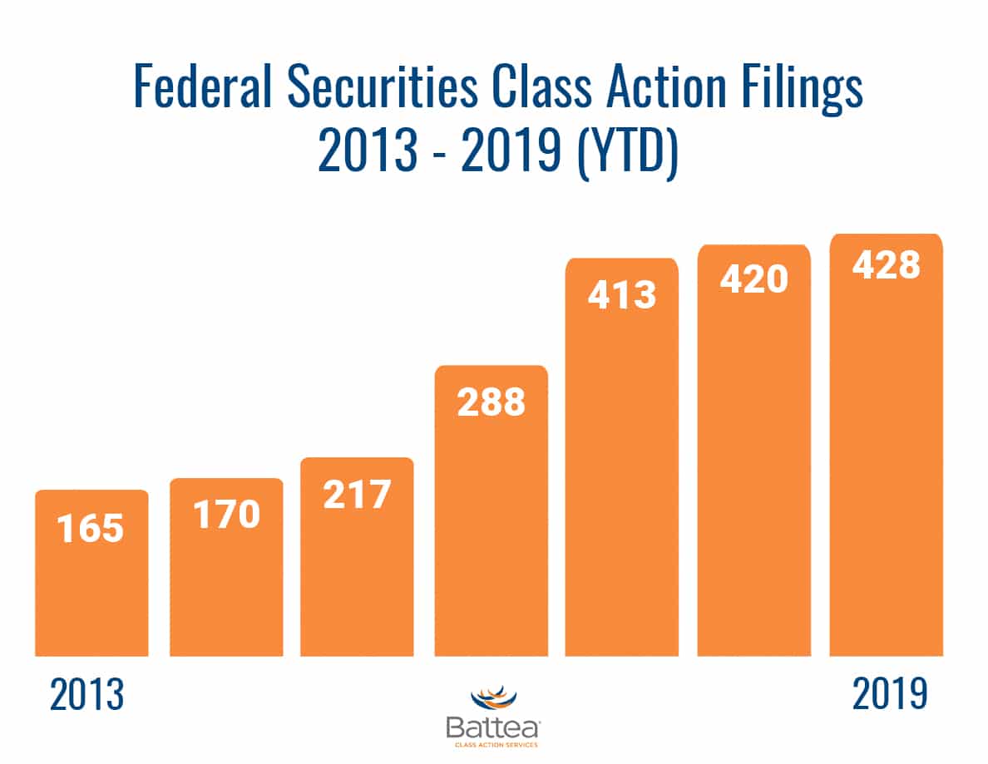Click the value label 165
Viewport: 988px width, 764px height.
[x=91, y=529]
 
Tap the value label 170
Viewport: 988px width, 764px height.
[x=226, y=515]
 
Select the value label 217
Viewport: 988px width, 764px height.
[x=357, y=495]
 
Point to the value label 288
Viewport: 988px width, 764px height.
[x=492, y=402]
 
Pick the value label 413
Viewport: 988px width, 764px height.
[x=622, y=295]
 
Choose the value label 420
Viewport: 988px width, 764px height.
[x=753, y=280]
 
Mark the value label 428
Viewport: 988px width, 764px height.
[x=886, y=266]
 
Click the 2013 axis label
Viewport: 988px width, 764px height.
[x=86, y=694]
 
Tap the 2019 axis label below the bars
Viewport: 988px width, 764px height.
[x=889, y=693]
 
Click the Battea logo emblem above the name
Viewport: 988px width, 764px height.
[x=494, y=700]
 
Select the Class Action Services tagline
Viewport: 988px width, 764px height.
[x=494, y=745]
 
